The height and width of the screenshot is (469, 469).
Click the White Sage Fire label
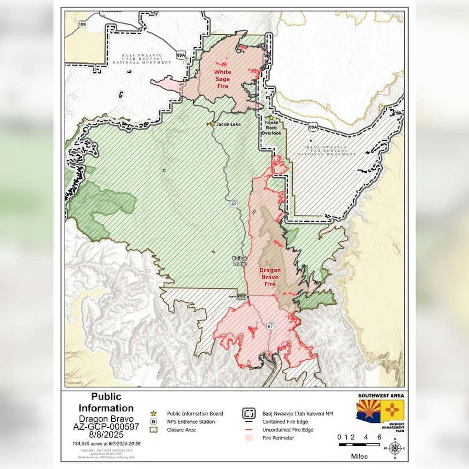coord(222,79)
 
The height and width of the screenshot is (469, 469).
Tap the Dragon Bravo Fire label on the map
coord(270,277)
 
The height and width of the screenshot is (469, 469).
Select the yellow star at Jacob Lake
coord(212,124)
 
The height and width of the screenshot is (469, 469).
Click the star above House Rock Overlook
coord(271,118)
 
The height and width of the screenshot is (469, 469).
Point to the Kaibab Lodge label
coord(240,261)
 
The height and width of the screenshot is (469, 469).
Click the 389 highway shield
coord(83,24)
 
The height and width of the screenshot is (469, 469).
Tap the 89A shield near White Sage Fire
coord(181,55)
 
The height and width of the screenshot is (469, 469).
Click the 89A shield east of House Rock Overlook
coord(313,127)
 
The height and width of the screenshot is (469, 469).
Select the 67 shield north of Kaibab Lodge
coord(233,204)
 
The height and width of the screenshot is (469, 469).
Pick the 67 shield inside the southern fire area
coord(271,326)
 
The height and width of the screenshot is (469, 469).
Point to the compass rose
coord(395,447)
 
